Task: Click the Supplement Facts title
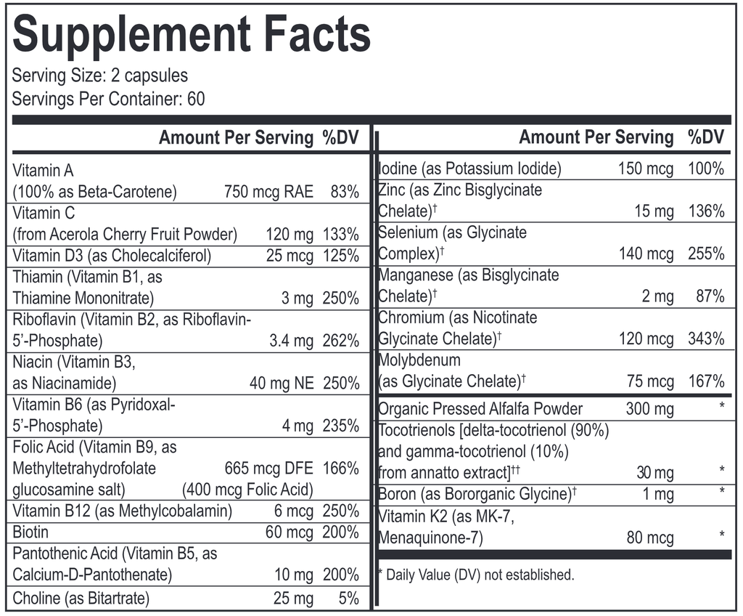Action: click(x=192, y=34)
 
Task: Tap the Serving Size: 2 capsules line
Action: click(x=100, y=76)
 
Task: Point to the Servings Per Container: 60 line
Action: click(x=109, y=98)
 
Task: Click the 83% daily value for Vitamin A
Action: click(x=344, y=192)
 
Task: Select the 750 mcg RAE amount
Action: click(x=269, y=192)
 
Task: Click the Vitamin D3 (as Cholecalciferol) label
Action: click(x=112, y=256)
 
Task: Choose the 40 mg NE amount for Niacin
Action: click(x=282, y=383)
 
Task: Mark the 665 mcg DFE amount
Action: click(x=270, y=469)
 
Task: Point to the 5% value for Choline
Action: click(x=349, y=599)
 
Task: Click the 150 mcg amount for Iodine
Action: click(x=646, y=169)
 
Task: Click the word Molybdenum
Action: click(x=419, y=360)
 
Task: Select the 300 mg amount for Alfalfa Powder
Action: click(x=650, y=409)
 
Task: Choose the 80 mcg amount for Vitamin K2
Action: click(x=650, y=538)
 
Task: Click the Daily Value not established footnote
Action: click(x=477, y=575)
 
